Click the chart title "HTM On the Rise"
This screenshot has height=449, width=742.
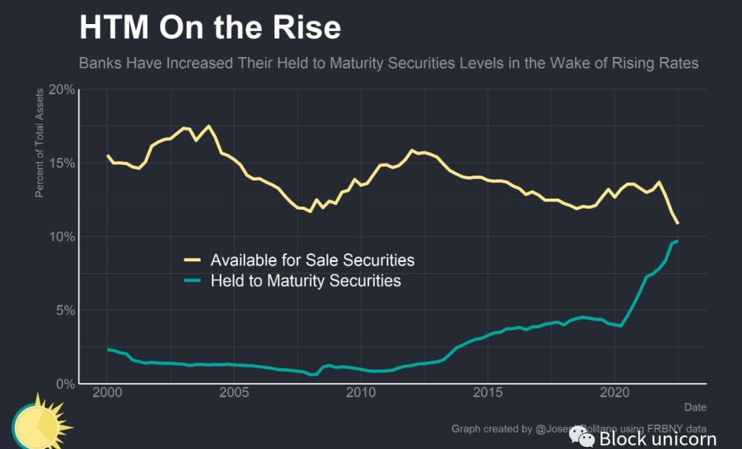[210, 28]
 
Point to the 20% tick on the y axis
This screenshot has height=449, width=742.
[60, 90]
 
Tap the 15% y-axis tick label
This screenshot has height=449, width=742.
[60, 163]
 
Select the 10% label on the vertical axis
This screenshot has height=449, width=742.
[60, 237]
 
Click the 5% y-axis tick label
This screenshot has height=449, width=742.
[64, 310]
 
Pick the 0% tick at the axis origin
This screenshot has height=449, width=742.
[64, 384]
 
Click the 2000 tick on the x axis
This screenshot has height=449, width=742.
[107, 393]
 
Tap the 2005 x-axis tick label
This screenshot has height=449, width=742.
[234, 393]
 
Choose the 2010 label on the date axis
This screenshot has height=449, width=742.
[361, 393]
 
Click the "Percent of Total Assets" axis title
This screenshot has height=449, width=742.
[40, 142]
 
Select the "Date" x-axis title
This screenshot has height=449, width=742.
[695, 408]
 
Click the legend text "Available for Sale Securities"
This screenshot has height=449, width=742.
[313, 260]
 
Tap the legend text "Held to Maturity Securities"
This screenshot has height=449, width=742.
[306, 281]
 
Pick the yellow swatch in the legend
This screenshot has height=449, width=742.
[192, 260]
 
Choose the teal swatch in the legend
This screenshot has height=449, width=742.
[192, 281]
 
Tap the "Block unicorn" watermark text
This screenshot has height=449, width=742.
[657, 439]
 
